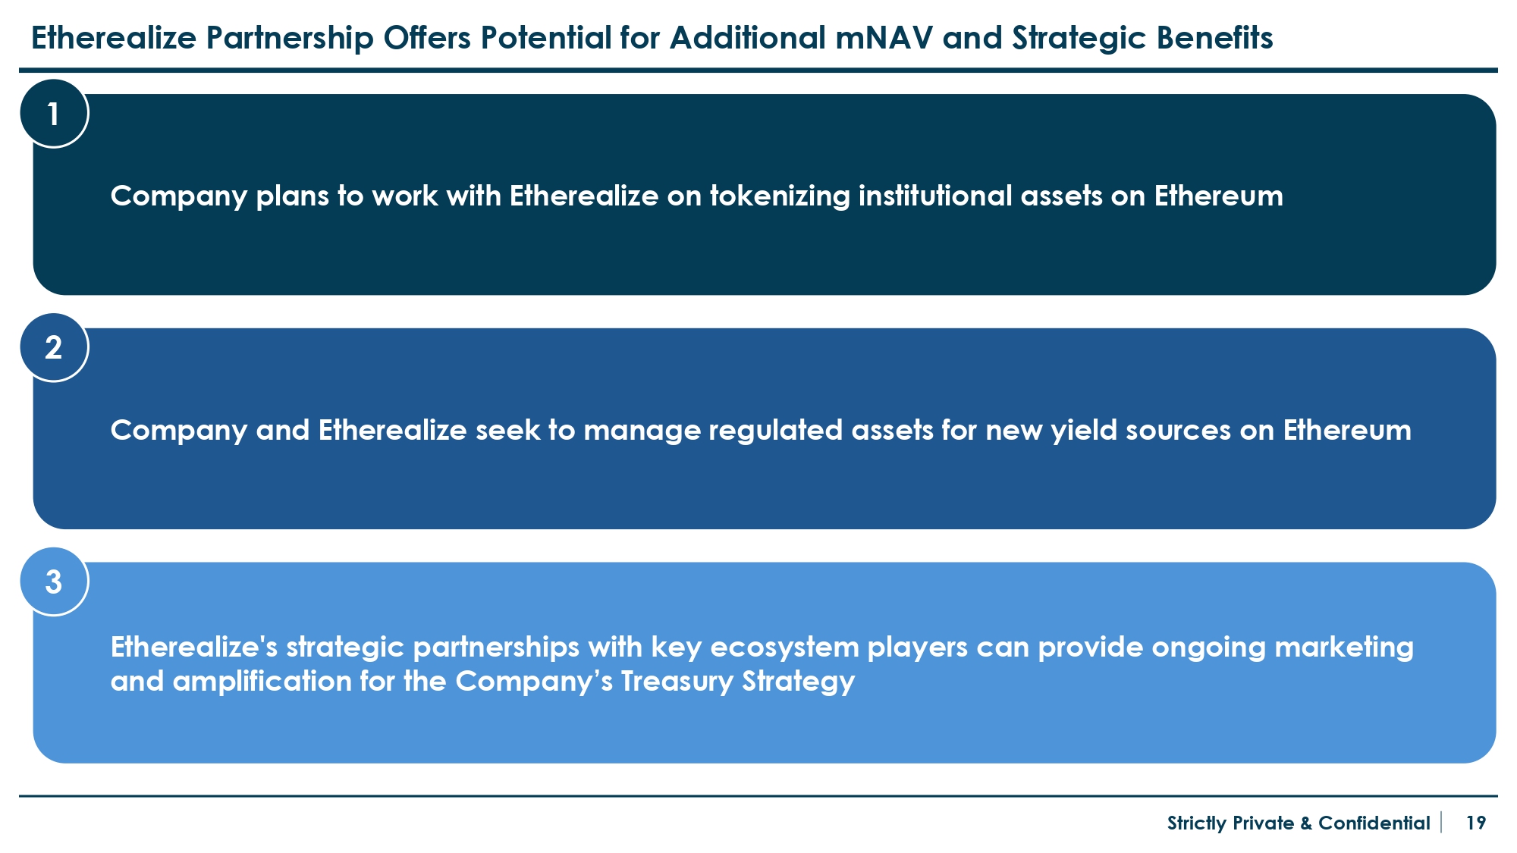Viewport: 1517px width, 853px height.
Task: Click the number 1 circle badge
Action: (x=54, y=114)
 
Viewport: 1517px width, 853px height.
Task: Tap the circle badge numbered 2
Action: (x=54, y=348)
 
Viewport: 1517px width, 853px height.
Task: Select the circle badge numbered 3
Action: (x=54, y=582)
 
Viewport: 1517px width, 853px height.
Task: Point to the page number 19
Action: (x=1476, y=823)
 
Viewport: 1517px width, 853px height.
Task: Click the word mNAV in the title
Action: (x=884, y=38)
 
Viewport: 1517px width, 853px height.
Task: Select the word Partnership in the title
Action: (x=290, y=39)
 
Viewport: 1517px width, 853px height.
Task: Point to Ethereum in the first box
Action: (x=1219, y=196)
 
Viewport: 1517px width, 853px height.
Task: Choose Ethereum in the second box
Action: (x=1347, y=430)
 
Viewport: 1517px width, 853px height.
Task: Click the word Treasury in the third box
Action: (x=677, y=682)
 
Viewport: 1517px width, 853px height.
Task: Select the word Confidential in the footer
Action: (x=1374, y=823)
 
